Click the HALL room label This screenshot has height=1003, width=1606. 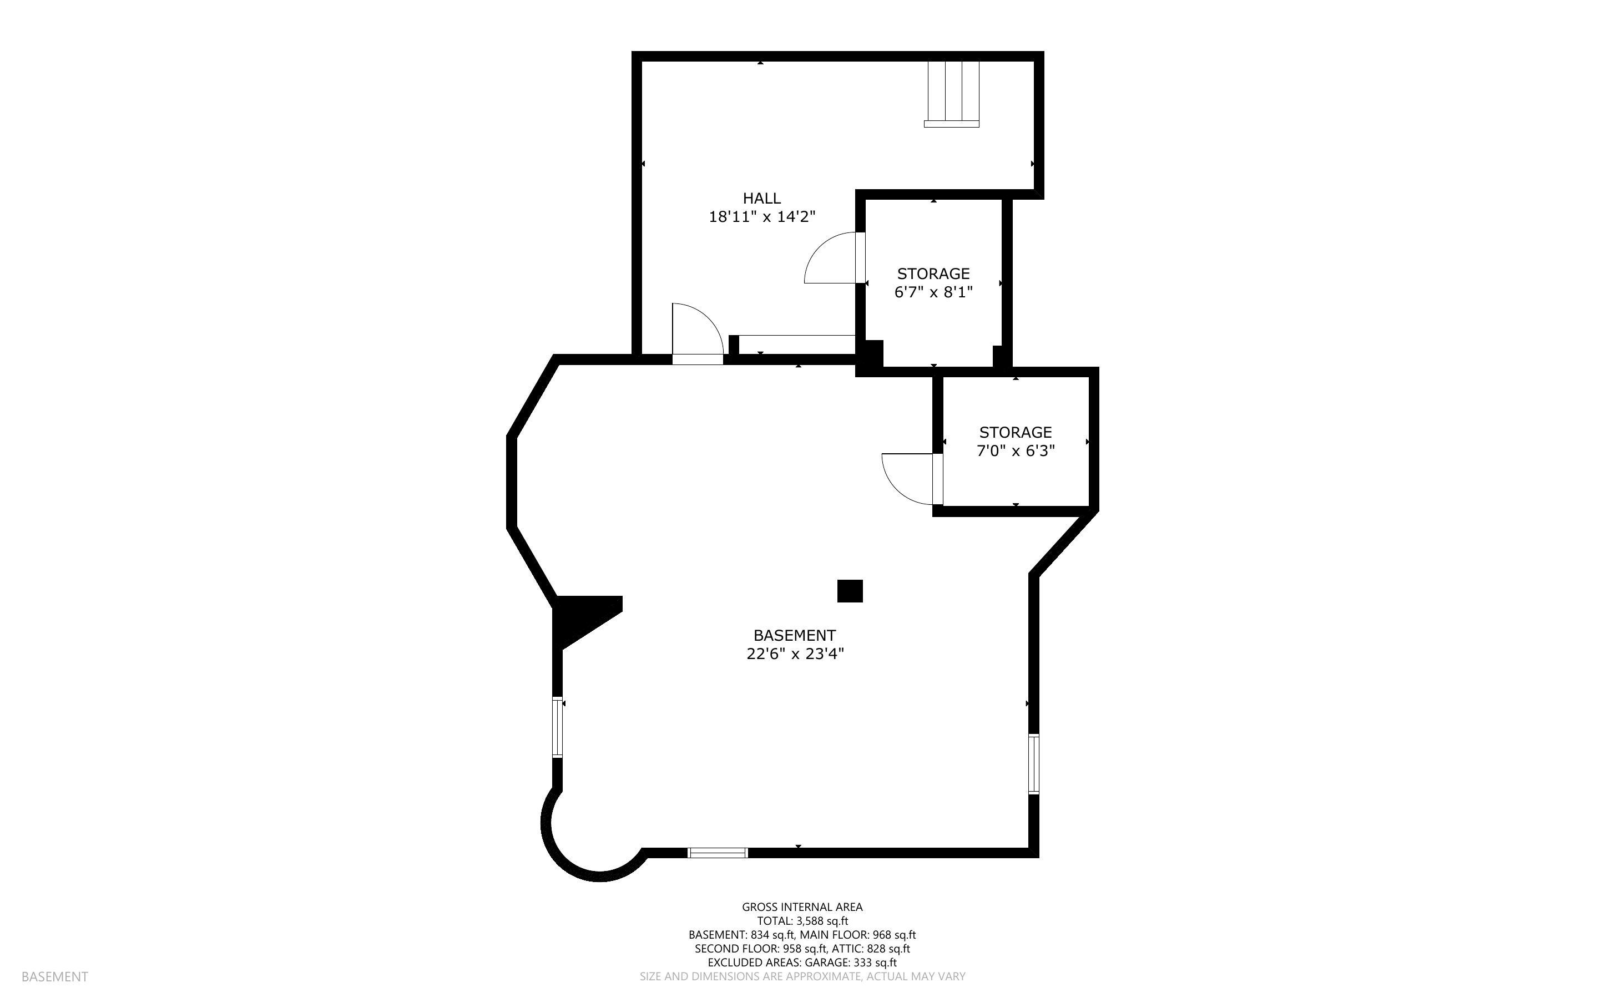coord(761,197)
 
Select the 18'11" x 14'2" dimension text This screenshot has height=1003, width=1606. coord(761,216)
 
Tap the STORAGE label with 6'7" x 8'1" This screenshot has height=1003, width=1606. coord(933,273)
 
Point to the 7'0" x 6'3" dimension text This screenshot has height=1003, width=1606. coord(1015,451)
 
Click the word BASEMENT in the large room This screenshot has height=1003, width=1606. coord(794,635)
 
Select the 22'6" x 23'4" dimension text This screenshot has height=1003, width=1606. coord(795,654)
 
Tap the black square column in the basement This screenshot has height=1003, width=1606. coord(849,590)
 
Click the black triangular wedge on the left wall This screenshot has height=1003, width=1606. coord(580,617)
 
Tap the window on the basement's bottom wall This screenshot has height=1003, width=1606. coord(717,853)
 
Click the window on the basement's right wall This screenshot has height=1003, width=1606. coord(1033,763)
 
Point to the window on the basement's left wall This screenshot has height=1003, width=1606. coord(557,727)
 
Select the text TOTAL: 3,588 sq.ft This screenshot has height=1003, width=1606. coord(802,921)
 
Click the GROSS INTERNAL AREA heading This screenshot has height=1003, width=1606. coord(802,907)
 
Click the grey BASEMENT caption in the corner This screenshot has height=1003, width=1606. coord(54,976)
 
